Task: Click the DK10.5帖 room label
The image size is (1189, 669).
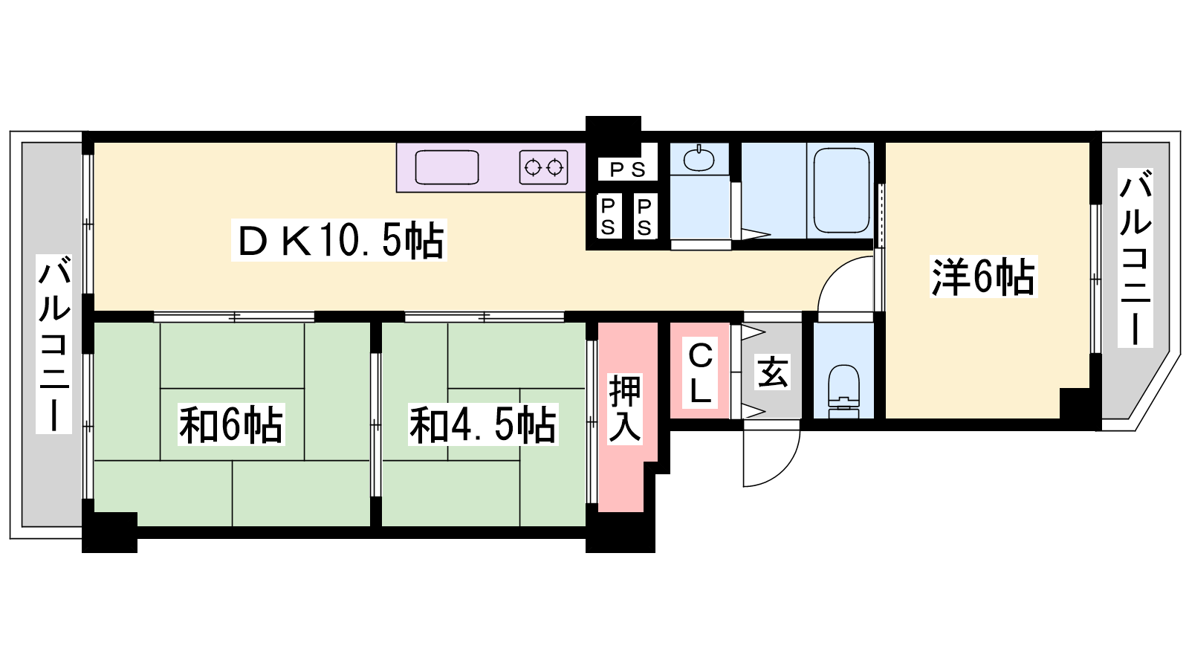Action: pyautogui.click(x=339, y=241)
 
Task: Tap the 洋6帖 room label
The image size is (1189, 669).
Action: pyautogui.click(x=983, y=277)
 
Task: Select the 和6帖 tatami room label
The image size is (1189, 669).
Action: pyautogui.click(x=231, y=424)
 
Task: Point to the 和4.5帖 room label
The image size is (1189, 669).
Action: pyautogui.click(x=482, y=424)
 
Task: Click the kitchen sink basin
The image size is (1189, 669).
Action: pyautogui.click(x=447, y=167)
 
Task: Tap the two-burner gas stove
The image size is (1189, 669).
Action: pyautogui.click(x=543, y=167)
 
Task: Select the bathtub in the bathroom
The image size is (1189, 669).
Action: pyautogui.click(x=840, y=190)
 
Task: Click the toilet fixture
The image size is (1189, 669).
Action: pyautogui.click(x=843, y=391)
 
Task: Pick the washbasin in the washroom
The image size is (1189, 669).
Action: pyautogui.click(x=699, y=158)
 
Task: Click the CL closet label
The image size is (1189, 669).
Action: pyautogui.click(x=700, y=372)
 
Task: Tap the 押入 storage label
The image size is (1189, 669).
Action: pyautogui.click(x=625, y=408)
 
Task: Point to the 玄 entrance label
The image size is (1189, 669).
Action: pyautogui.click(x=772, y=372)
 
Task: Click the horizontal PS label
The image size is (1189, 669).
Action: pyautogui.click(x=627, y=169)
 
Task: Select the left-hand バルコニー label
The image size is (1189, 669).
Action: pyautogui.click(x=54, y=343)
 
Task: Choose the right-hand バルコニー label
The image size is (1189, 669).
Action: pyautogui.click(x=1135, y=257)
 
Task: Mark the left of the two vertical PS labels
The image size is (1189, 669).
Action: pyautogui.click(x=608, y=216)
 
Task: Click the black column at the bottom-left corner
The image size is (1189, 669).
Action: pyautogui.click(x=109, y=531)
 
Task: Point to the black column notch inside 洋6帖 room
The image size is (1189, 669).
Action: pyautogui.click(x=1075, y=404)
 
